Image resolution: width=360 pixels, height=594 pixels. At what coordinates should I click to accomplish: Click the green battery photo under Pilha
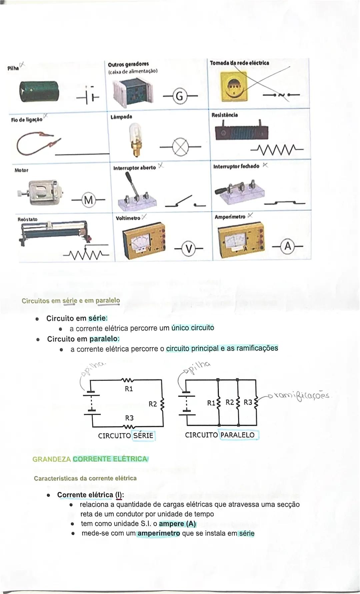40,91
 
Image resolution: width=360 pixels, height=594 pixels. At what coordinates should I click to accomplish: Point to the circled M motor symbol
88,200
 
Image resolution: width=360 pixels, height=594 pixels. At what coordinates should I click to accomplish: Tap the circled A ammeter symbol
288,247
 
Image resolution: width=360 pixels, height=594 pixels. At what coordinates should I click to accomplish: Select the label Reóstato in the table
27,219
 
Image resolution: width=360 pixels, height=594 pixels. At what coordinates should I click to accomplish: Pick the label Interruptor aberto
135,168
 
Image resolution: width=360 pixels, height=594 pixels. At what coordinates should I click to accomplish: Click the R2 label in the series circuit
153,404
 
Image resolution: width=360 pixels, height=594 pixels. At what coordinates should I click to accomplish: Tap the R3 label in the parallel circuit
248,402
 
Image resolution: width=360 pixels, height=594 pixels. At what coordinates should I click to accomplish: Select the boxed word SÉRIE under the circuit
143,436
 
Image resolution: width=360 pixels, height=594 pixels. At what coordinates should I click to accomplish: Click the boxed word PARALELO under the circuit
237,435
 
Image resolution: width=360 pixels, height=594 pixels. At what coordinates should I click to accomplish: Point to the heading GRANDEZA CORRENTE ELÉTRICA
90,459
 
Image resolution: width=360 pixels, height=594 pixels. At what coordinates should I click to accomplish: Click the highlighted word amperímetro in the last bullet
159,533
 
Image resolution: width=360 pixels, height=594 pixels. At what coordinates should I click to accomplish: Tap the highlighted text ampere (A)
177,524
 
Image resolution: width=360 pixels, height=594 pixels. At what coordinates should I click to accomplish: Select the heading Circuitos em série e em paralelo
71,301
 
